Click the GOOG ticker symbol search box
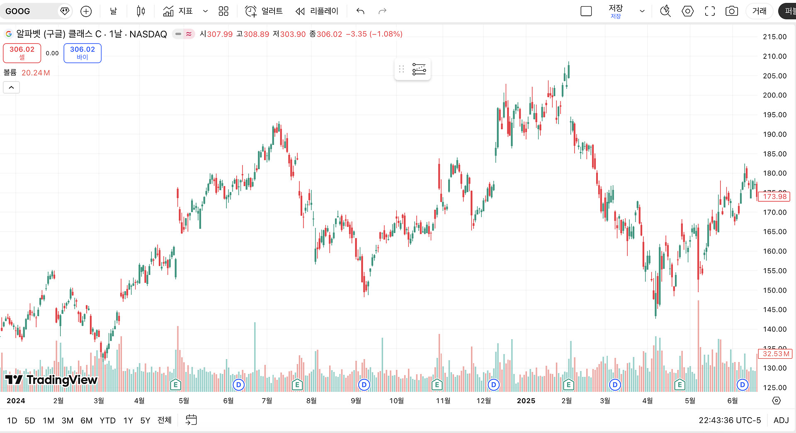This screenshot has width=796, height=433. click(x=29, y=11)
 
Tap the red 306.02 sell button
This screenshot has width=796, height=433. click(x=22, y=53)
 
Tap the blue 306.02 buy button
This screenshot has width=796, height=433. click(x=83, y=53)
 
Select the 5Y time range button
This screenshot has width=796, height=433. click(x=145, y=421)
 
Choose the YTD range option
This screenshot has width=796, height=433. click(x=107, y=421)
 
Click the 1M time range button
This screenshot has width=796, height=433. click(x=49, y=421)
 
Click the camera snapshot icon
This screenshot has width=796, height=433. click(x=731, y=11)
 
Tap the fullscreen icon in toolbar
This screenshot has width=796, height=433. click(x=710, y=11)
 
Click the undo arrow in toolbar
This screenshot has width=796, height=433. click(x=360, y=11)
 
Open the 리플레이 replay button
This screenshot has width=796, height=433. click(x=317, y=11)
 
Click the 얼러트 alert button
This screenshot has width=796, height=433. click(x=264, y=11)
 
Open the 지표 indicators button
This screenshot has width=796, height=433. click(x=178, y=11)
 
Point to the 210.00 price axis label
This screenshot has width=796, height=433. click(x=774, y=56)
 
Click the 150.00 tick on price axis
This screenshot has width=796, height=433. click(x=774, y=290)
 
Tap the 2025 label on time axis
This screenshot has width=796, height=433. click(x=526, y=401)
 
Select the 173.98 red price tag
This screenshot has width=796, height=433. click(x=774, y=197)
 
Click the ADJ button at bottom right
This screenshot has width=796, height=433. click(x=781, y=420)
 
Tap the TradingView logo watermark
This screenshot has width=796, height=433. click(x=51, y=379)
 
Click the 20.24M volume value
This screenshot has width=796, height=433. click(x=36, y=73)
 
